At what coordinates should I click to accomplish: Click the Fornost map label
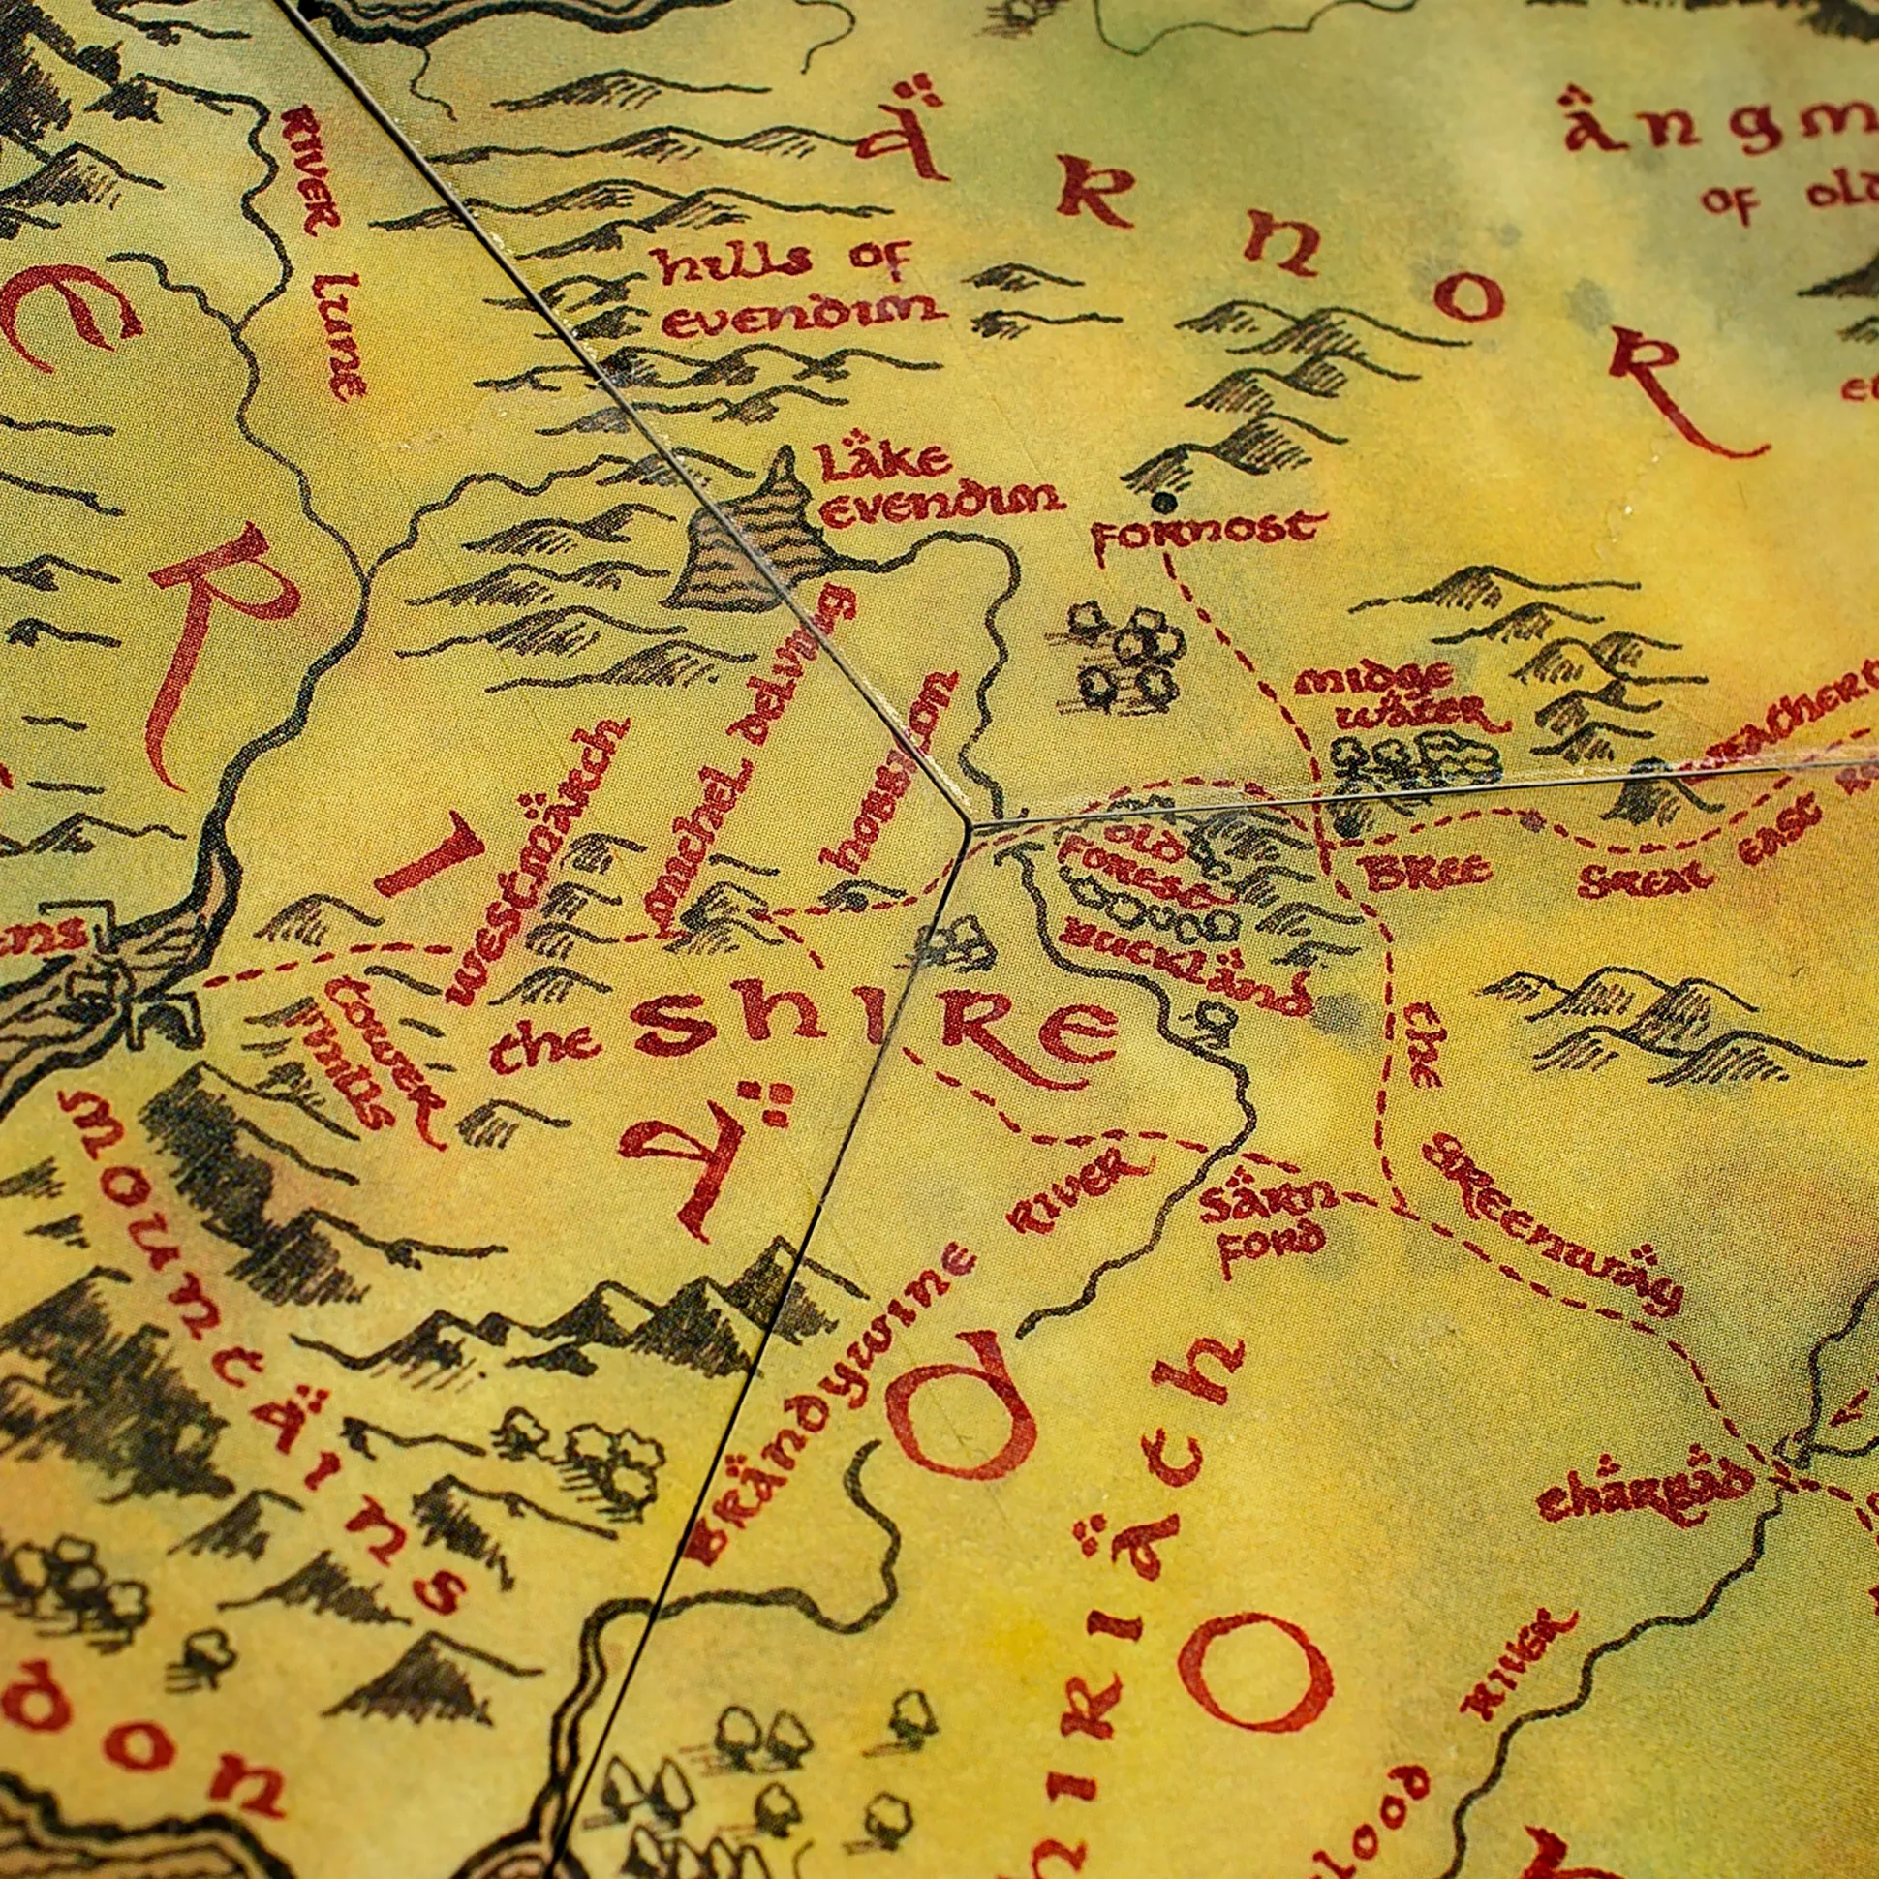tap(1207, 532)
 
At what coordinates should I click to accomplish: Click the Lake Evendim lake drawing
tap(754, 554)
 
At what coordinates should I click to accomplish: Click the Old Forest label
tap(1133, 867)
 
